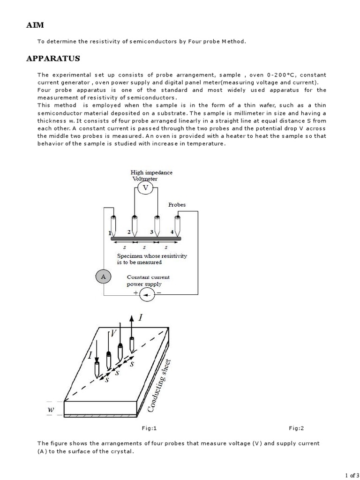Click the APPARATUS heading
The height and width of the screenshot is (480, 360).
pyautogui.click(x=53, y=59)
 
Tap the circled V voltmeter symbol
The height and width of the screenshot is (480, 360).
pyautogui.click(x=145, y=187)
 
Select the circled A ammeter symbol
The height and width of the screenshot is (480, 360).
pyautogui.click(x=103, y=277)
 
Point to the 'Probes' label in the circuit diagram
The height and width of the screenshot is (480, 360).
pyautogui.click(x=177, y=205)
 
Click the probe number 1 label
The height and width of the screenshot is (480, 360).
pyautogui.click(x=110, y=233)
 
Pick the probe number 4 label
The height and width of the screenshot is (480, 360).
pyautogui.click(x=172, y=232)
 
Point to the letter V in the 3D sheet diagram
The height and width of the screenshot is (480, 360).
pyautogui.click(x=112, y=334)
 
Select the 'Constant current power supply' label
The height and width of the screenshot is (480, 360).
pyautogui.click(x=148, y=280)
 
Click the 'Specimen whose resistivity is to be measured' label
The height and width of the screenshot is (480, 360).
pyautogui.click(x=152, y=259)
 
